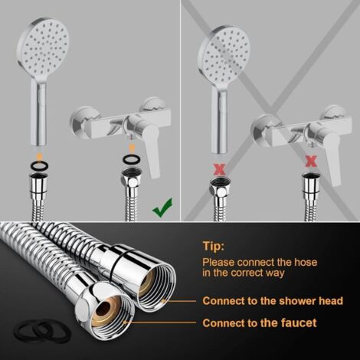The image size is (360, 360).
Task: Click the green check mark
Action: (162, 208)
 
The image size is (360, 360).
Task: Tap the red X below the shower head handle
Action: (220, 169)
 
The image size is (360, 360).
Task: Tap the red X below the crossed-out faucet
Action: (311, 161)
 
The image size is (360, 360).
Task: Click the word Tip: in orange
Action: (214, 246)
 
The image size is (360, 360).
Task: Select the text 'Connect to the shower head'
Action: (273, 301)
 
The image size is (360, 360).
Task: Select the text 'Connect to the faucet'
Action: (260, 323)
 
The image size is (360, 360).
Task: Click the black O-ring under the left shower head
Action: (40, 166)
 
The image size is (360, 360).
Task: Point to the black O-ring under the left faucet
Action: (132, 159)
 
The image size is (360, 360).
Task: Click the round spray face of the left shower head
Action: (44, 47)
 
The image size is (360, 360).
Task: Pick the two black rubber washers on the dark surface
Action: (42, 330)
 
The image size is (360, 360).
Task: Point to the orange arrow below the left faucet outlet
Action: (132, 148)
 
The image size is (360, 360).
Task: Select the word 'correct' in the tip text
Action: (250, 273)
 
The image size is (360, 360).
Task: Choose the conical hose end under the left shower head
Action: (39, 185)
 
